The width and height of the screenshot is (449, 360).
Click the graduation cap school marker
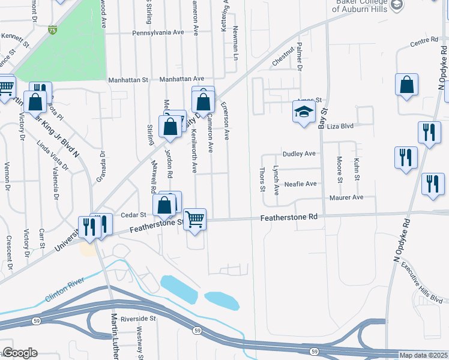pyautogui.click(x=304, y=112)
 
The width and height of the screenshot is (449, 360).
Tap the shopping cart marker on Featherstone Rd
pyautogui.click(x=194, y=219)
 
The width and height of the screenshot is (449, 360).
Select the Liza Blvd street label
pyautogui.click(x=340, y=127)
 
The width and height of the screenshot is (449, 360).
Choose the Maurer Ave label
pyautogui.click(x=346, y=197)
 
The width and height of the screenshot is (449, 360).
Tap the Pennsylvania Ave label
pyautogui.click(x=157, y=32)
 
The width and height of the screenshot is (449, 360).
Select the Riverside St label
pyautogui.click(x=137, y=319)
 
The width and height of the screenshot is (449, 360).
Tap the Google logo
pyautogui.click(x=20, y=353)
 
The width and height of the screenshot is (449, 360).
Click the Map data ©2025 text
pyautogui.click(x=423, y=355)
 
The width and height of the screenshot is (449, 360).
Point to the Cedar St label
pyautogui.click(x=133, y=214)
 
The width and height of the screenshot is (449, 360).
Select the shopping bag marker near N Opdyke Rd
pyautogui.click(x=406, y=86)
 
